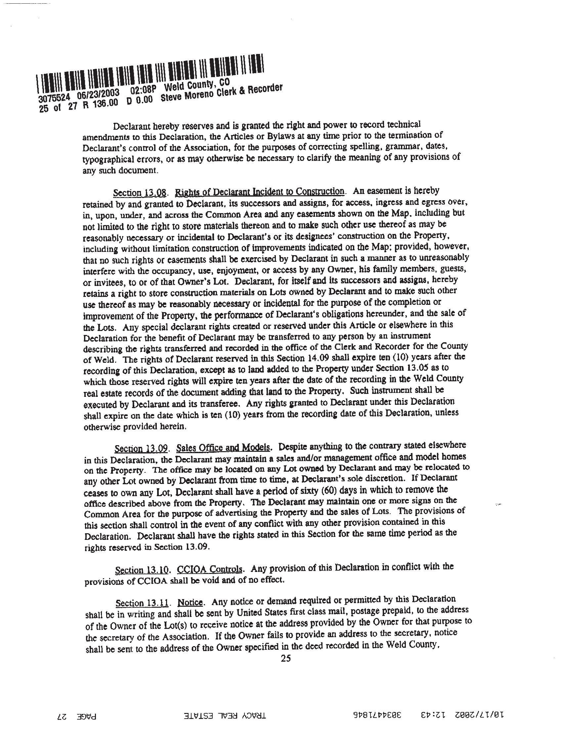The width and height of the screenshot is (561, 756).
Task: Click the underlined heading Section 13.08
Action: (140, 193)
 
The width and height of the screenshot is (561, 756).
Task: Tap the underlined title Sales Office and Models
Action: (223, 448)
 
